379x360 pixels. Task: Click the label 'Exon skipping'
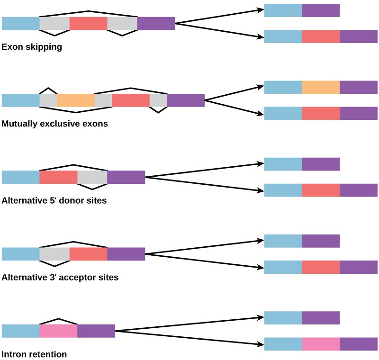pos(32,47)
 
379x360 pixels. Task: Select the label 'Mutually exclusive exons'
pos(54,124)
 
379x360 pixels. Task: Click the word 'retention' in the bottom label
pos(48,354)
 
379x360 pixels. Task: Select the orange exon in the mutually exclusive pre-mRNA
pos(76,100)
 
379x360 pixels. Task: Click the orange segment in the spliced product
pos(321,87)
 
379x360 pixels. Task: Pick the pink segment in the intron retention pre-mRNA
pos(58,331)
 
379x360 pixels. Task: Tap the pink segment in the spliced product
pos(321,344)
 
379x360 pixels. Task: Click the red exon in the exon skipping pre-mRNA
pos(89,24)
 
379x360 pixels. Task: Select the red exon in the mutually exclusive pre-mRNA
pos(131,100)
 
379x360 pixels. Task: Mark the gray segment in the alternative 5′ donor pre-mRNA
pos(92,177)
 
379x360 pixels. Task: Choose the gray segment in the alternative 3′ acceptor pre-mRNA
pos(54,254)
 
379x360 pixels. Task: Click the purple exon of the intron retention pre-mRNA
pos(96,331)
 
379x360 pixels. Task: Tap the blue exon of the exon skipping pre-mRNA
pos(21,24)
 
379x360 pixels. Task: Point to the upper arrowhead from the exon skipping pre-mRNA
pos(261,9)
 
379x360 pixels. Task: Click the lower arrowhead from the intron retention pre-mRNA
pos(261,344)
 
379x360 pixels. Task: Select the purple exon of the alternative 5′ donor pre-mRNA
pos(126,177)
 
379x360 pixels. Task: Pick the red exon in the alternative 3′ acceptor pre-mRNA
pos(89,254)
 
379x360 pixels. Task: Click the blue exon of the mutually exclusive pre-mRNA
pos(21,100)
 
